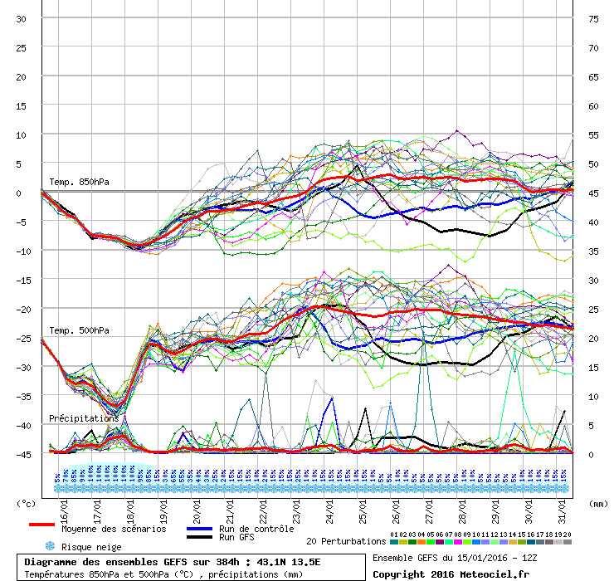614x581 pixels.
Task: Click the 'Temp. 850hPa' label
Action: [x=79, y=182]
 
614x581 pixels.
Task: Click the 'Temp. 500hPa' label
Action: [x=79, y=330]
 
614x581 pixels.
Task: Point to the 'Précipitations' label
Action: [x=83, y=418]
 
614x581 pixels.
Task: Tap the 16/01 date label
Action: [x=64, y=504]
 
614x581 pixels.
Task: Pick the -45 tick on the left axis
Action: [x=23, y=454]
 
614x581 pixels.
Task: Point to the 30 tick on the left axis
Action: [x=22, y=18]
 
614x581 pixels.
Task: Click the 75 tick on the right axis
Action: [x=593, y=18]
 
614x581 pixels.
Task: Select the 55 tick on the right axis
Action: [x=593, y=134]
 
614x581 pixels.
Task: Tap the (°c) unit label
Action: [x=27, y=504]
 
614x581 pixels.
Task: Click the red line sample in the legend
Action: [x=42, y=525]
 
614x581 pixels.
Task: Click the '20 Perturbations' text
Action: [x=346, y=541]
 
